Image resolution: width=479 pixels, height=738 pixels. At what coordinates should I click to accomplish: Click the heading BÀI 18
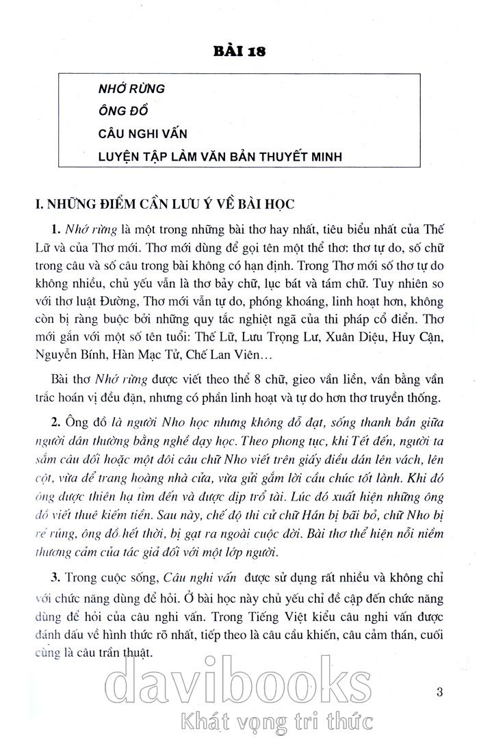tap(239, 51)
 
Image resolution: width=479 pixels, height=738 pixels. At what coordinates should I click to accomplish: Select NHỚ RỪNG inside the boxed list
tap(132, 89)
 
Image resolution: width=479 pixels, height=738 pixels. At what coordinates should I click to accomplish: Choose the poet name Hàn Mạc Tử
tap(148, 356)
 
